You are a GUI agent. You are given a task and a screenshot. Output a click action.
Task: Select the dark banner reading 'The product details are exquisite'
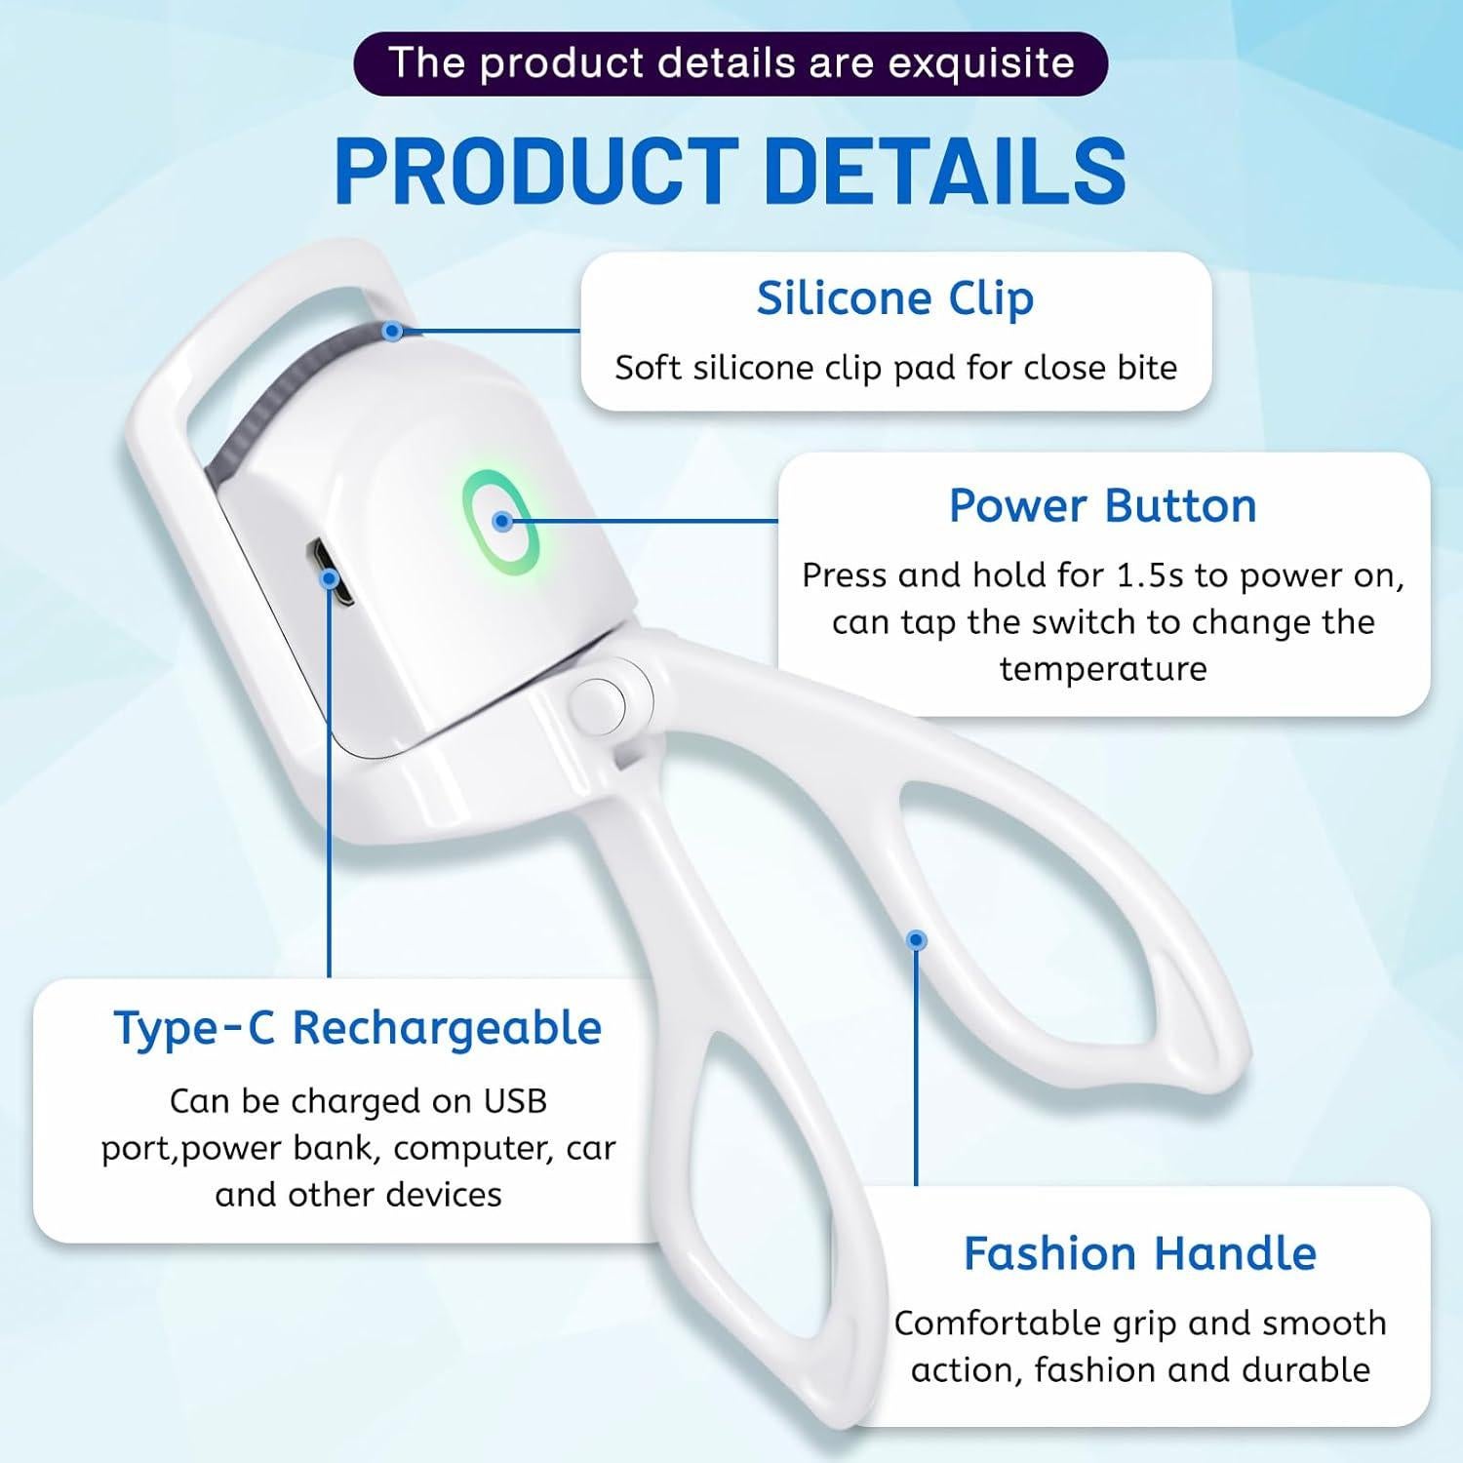coord(731,63)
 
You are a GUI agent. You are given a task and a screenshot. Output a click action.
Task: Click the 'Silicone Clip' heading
coord(895,298)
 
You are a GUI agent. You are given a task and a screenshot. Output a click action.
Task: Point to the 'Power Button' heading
coord(1103,505)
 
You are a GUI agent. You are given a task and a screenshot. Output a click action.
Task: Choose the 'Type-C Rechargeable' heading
coord(358,1028)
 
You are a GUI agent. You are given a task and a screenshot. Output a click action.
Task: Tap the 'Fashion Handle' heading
coord(1140,1253)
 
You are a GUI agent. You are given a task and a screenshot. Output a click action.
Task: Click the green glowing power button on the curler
coord(501,520)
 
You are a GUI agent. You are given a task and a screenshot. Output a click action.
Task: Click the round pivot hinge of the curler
coord(598,699)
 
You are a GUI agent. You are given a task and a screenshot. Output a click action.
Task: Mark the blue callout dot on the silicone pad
coord(392,332)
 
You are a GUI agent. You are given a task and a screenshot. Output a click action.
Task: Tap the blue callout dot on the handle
coord(916,940)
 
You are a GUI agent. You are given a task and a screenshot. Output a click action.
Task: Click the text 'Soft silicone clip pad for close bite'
coord(895,368)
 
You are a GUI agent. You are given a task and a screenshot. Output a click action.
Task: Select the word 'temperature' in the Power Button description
coord(1103,669)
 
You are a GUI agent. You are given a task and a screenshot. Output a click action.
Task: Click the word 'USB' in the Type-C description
coord(515,1101)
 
